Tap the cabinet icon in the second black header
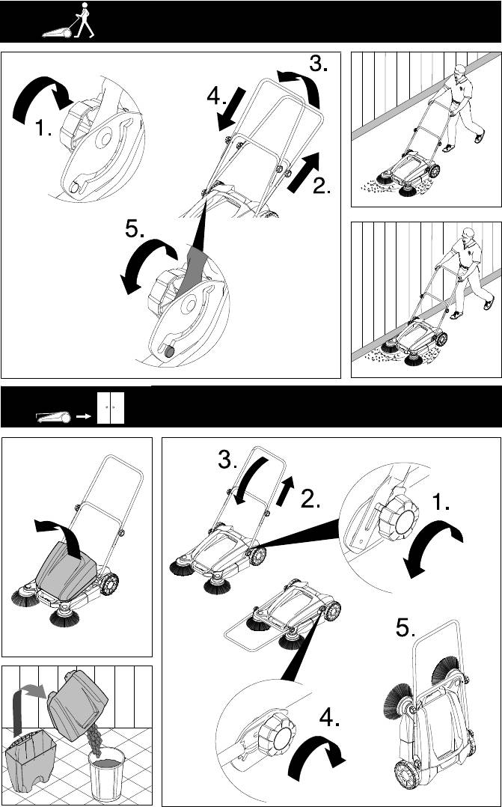(111, 407)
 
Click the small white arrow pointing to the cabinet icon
(83, 418)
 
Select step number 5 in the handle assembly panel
(135, 230)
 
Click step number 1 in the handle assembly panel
(43, 127)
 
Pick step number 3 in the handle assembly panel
(319, 64)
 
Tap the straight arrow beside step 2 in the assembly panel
(304, 172)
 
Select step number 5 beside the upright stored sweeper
(405, 627)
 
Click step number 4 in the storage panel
(330, 717)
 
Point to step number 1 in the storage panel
(441, 500)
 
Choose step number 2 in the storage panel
(310, 499)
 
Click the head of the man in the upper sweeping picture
(461, 70)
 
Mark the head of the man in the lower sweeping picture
(467, 235)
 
